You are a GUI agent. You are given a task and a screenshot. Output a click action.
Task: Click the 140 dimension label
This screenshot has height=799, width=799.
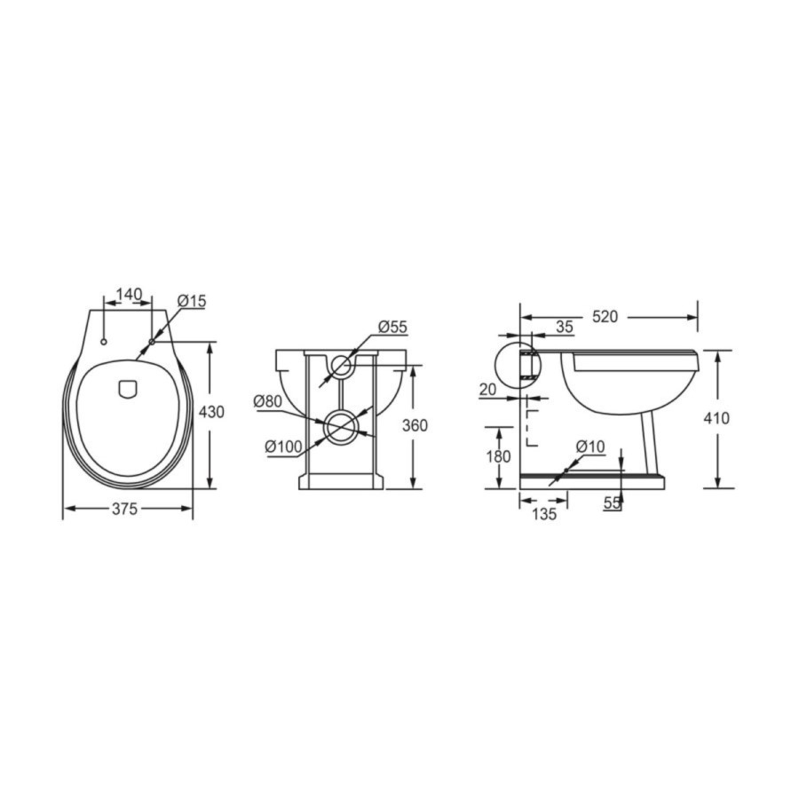tap(129, 294)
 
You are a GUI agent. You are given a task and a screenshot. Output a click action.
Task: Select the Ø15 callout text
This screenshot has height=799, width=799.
tap(191, 301)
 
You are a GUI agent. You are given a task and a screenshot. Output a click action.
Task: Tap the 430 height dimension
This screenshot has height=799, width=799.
tap(211, 412)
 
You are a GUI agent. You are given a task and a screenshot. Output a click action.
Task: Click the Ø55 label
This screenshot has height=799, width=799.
tap(392, 327)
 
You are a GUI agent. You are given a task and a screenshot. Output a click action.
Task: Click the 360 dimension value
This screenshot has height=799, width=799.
tap(415, 425)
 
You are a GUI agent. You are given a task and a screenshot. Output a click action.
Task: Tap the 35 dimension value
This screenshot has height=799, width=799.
tap(565, 327)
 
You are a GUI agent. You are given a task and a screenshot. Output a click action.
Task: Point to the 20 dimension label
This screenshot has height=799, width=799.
tap(488, 389)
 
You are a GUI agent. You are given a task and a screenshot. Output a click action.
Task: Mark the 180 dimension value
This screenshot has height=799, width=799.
tap(499, 456)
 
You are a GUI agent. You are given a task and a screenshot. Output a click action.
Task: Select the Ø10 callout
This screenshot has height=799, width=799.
tap(589, 446)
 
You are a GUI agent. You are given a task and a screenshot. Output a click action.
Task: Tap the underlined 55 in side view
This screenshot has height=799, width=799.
tap(613, 502)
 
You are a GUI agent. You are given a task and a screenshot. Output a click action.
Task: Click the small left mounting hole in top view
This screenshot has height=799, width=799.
tap(105, 342)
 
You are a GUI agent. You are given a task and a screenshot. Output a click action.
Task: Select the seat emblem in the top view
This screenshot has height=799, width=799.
tap(128, 388)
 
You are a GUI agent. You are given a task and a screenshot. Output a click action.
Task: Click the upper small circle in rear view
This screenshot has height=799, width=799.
tap(342, 364)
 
